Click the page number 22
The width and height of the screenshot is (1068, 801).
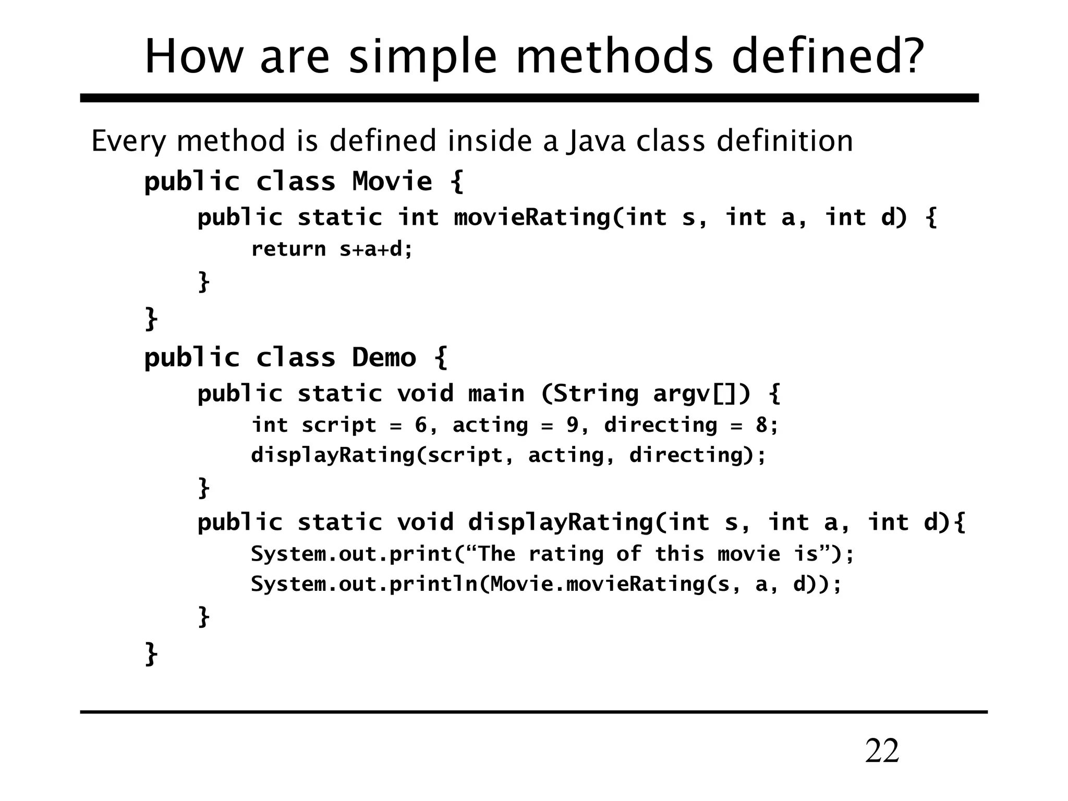[882, 751]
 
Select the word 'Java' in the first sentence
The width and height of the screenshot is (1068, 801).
[596, 141]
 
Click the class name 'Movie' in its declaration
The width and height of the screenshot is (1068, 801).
[392, 181]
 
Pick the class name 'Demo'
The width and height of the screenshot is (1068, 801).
[384, 358]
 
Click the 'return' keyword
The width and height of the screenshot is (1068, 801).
[288, 249]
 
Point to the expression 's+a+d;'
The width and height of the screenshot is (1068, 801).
[375, 249]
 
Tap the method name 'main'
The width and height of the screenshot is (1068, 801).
[496, 393]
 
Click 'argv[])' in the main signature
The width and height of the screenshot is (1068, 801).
[702, 394]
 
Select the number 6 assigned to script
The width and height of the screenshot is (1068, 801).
[420, 425]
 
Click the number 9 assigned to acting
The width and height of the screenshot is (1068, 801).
[572, 425]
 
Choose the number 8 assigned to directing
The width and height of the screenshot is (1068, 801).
[761, 425]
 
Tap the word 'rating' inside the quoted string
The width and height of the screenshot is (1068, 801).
[566, 554]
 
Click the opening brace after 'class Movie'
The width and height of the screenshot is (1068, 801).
[456, 181]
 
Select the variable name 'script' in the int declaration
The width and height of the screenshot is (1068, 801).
[339, 426]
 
